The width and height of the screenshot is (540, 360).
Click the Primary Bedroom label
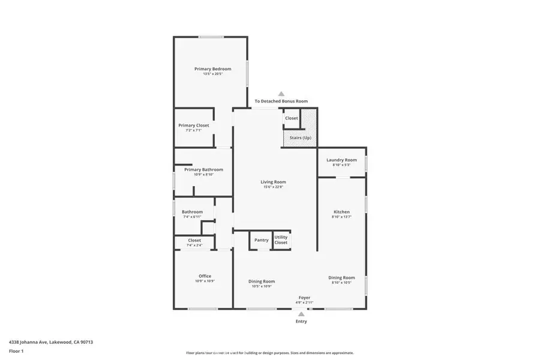point(212,69)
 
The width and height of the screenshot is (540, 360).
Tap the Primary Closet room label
point(193,125)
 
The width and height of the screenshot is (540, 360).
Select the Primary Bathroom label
point(203,170)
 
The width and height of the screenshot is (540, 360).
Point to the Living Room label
point(273,182)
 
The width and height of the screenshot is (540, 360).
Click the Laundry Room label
point(341,160)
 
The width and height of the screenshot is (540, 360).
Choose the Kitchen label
point(341,212)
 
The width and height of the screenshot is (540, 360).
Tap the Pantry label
point(261,240)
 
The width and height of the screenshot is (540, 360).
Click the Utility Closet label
point(281,239)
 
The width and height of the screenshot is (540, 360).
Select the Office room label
point(205,276)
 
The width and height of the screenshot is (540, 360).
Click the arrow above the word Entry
point(301,313)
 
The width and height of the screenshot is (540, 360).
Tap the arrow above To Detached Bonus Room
point(281,94)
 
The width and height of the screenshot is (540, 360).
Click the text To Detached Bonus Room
point(281,101)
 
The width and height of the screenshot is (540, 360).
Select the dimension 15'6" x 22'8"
point(273,187)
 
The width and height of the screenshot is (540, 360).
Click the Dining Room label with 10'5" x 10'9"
point(262,281)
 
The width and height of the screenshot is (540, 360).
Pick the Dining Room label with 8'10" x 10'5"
point(341,278)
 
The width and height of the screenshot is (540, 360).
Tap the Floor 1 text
point(16,350)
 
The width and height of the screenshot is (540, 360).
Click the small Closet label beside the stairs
point(291,118)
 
